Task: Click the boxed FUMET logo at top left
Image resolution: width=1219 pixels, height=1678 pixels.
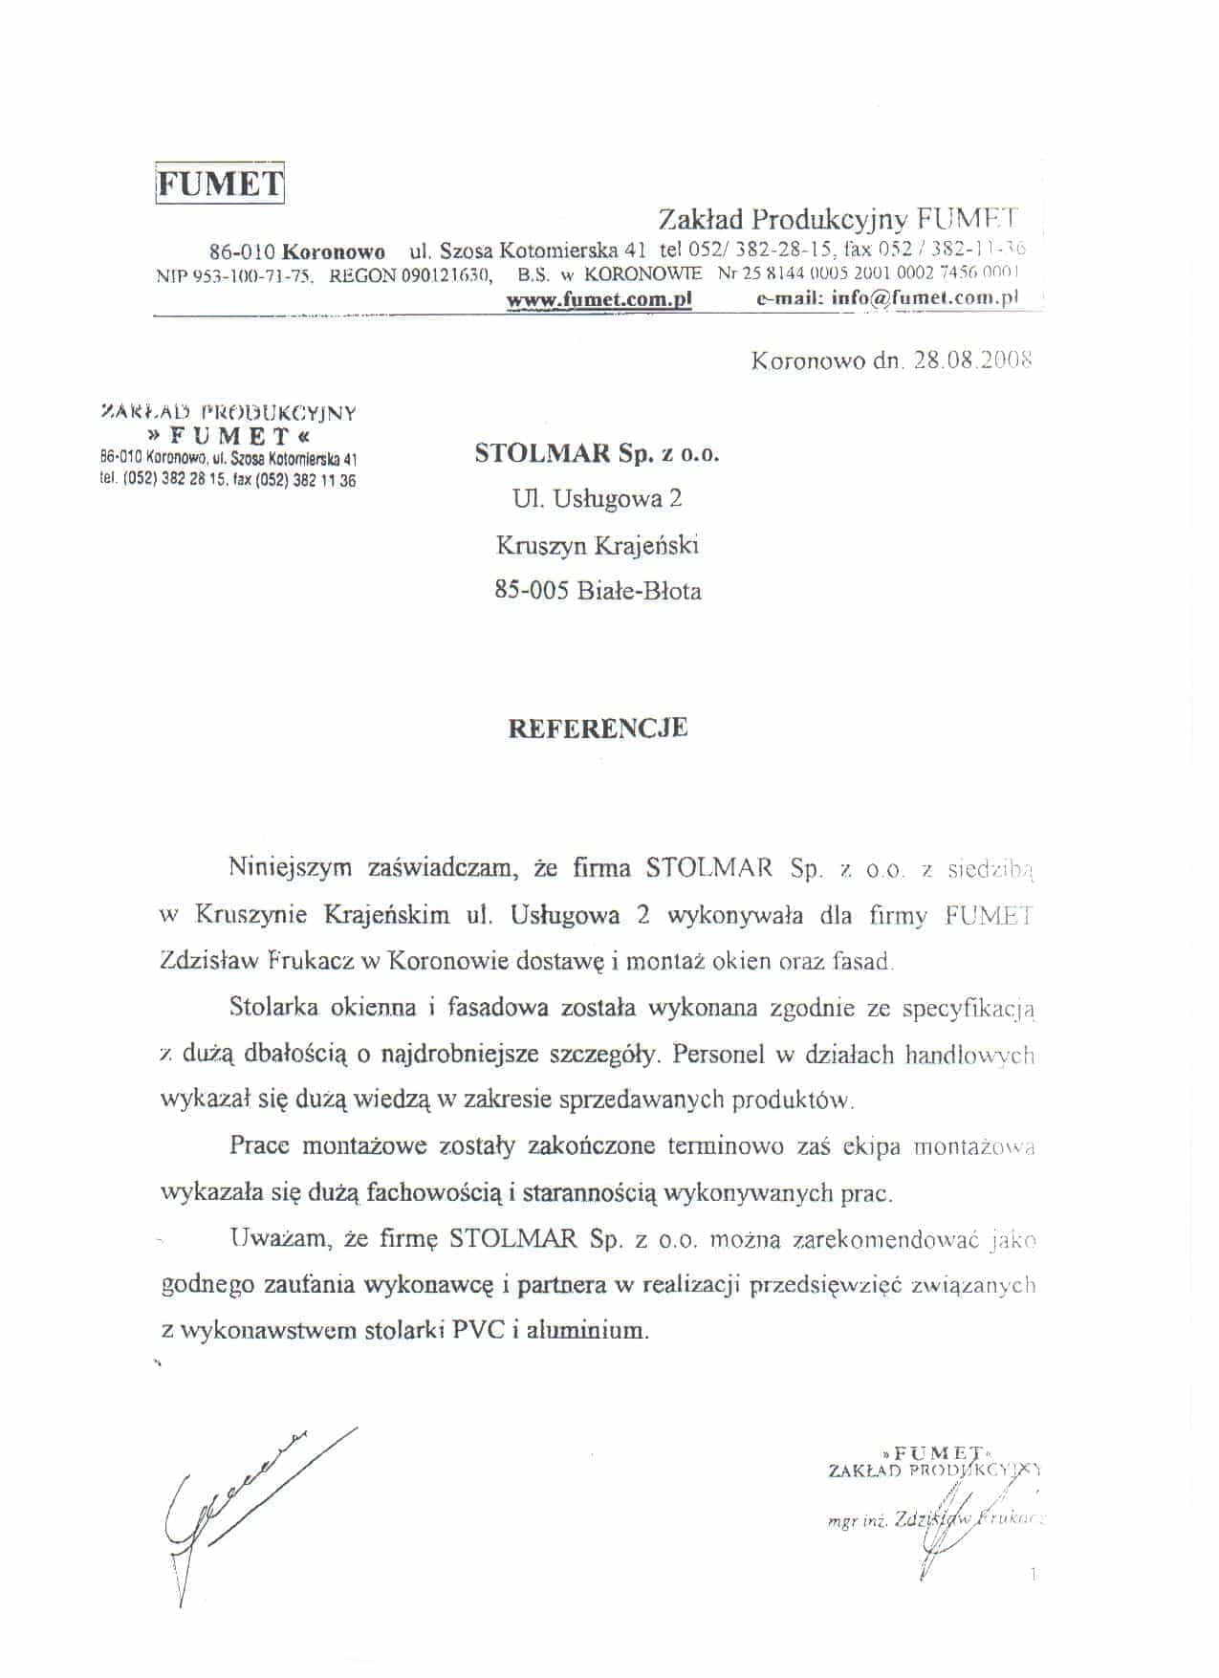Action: (x=220, y=184)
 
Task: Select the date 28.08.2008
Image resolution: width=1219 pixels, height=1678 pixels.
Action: (x=971, y=361)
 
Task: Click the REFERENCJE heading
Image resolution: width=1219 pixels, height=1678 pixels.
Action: (x=597, y=728)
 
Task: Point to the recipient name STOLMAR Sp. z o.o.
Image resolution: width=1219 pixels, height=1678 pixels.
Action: (x=597, y=453)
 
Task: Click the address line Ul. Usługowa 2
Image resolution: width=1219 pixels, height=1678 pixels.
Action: (x=597, y=498)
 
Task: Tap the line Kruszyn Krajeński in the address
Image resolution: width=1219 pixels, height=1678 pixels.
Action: (x=597, y=545)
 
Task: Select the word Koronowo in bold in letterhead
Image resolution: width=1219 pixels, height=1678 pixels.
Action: (x=335, y=252)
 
